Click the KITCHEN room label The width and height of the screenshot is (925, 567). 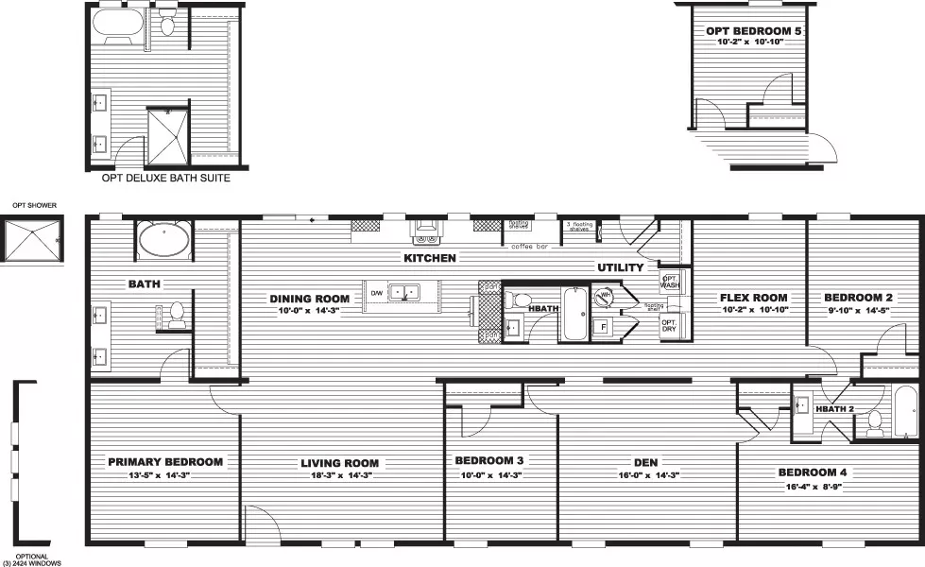[x=430, y=258]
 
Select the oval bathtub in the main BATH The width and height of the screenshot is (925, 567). [x=163, y=240]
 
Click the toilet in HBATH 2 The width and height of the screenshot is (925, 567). [x=874, y=421]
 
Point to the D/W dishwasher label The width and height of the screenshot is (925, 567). [x=375, y=292]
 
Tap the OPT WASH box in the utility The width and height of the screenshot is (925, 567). [x=670, y=281]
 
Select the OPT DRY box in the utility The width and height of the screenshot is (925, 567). [x=669, y=325]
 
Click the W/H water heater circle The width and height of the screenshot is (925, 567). [x=605, y=297]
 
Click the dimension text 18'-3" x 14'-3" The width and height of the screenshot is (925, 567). [x=339, y=477]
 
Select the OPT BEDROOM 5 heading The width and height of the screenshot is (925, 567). [x=753, y=31]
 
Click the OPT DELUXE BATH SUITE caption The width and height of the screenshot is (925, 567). [x=165, y=177]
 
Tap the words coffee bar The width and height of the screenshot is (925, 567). [x=529, y=247]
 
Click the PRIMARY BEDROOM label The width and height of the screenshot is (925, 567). [x=165, y=462]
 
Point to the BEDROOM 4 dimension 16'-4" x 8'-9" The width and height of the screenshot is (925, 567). [x=807, y=487]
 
